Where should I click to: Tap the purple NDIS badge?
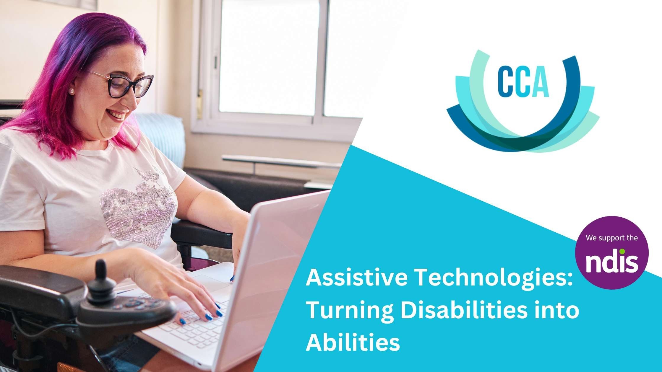[611, 252]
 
